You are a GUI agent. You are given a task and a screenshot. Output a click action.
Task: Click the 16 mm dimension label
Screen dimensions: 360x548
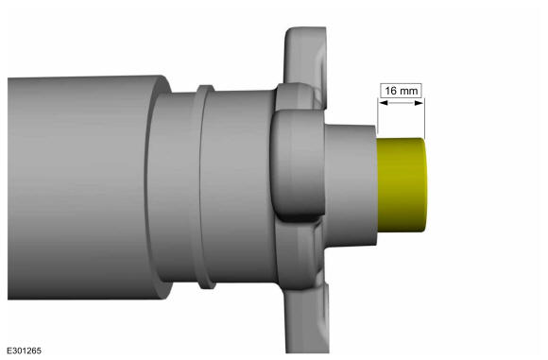pyautogui.click(x=400, y=91)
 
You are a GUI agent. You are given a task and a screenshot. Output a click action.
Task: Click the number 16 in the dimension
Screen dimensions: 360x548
pyautogui.click(x=390, y=91)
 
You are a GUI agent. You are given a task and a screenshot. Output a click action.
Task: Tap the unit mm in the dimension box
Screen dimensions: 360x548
pyautogui.click(x=407, y=91)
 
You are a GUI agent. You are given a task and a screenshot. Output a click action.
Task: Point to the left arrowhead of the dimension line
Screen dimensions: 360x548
pyautogui.click(x=381, y=105)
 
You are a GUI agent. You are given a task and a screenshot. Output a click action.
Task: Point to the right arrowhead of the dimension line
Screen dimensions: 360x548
pyautogui.click(x=420, y=105)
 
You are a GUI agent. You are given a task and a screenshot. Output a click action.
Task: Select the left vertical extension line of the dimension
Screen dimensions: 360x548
pyautogui.click(x=377, y=118)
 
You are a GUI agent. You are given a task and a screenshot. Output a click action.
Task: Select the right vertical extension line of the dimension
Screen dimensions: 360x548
pyautogui.click(x=424, y=118)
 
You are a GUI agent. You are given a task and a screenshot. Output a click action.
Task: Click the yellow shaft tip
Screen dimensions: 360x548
pyautogui.click(x=402, y=184)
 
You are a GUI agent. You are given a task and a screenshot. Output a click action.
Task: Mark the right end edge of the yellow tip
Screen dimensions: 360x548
pyautogui.click(x=427, y=184)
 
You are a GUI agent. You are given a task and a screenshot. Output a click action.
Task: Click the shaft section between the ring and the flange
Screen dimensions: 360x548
pyautogui.click(x=241, y=184)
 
